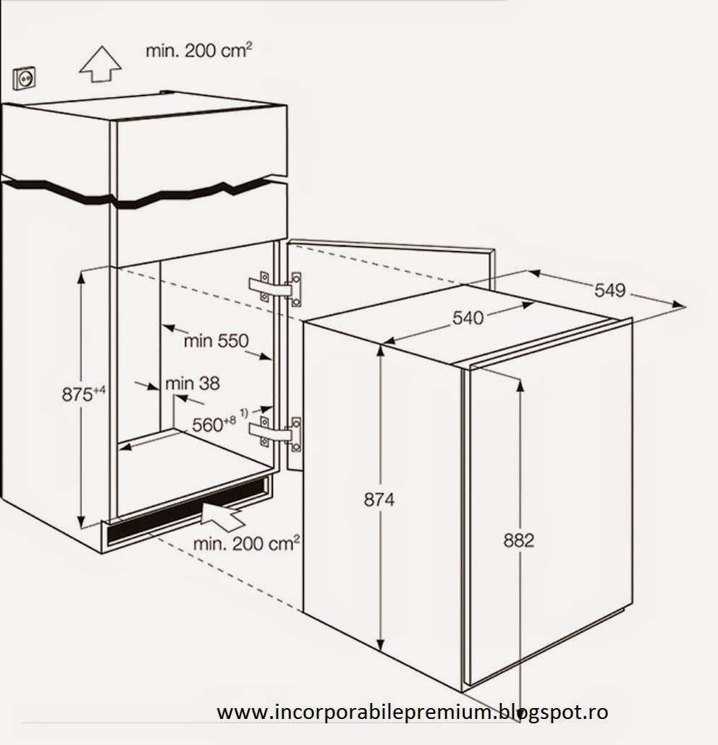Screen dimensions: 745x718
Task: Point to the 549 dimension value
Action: tap(610, 291)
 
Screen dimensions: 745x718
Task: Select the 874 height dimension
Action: tap(379, 499)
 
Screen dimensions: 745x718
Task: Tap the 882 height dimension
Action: tap(518, 540)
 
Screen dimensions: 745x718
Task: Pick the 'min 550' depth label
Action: tap(215, 341)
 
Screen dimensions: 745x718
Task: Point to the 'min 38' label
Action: tap(193, 383)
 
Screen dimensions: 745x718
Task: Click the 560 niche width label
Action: tap(214, 425)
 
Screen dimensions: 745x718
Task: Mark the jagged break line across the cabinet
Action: tap(145, 195)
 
